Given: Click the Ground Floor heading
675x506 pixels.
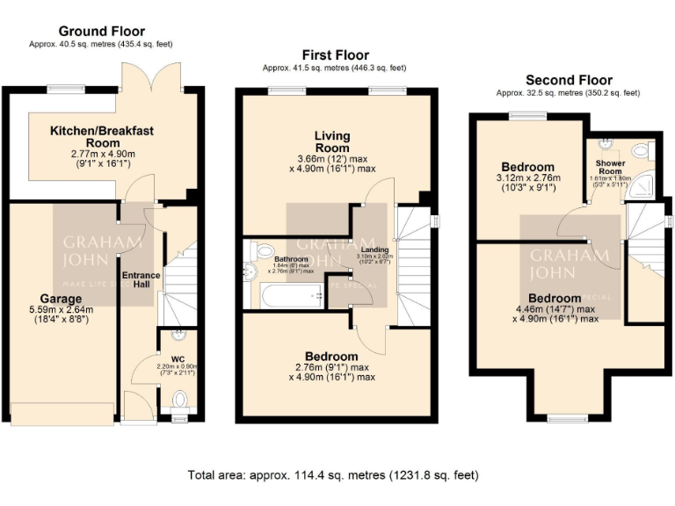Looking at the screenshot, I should click(102, 32).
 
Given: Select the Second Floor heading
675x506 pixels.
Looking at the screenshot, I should click(569, 80).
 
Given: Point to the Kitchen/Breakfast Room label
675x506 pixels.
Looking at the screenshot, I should click(102, 136).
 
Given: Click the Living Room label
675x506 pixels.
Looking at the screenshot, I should click(333, 142).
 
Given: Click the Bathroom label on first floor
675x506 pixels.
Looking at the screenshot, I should click(290, 260).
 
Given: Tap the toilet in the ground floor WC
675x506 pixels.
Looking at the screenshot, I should click(181, 400).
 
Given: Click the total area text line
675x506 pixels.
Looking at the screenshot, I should click(333, 475).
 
